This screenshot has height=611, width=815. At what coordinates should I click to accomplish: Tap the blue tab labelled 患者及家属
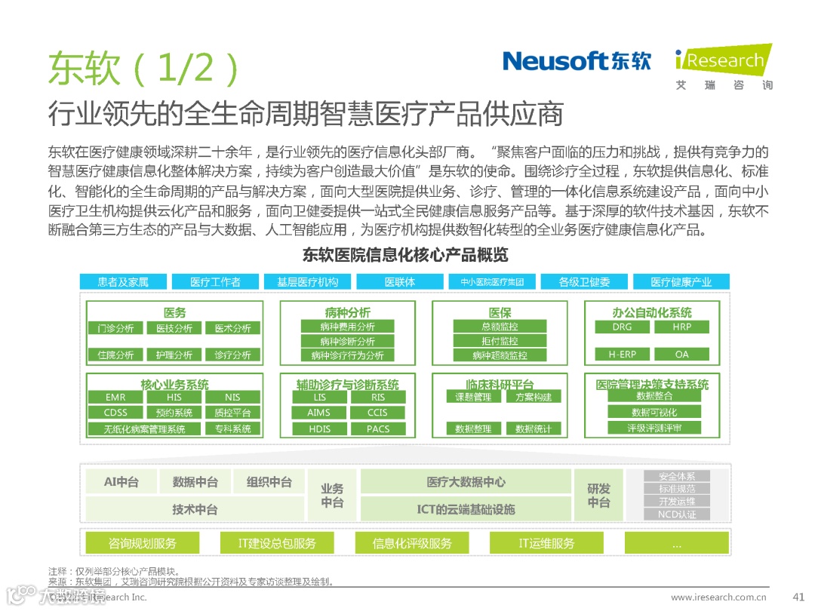click(123, 282)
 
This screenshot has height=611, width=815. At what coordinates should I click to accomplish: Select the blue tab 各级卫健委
click(584, 282)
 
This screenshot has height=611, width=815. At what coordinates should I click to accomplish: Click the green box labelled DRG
click(622, 327)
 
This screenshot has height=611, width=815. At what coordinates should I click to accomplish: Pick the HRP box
click(681, 327)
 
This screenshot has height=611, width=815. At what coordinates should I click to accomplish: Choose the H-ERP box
click(622, 354)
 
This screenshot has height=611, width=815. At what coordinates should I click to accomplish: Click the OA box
click(681, 354)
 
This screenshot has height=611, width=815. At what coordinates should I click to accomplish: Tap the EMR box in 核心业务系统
click(115, 398)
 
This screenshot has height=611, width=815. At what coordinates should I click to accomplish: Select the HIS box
click(174, 398)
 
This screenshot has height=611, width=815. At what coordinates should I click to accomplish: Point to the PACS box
click(377, 429)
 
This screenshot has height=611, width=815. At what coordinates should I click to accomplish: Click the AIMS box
click(318, 413)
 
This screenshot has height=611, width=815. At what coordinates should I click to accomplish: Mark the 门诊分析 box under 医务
click(115, 328)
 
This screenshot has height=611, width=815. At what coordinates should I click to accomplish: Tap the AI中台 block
click(121, 482)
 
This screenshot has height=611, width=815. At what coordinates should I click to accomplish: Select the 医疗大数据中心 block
click(466, 482)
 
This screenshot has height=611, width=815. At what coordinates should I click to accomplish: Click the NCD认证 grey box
click(677, 514)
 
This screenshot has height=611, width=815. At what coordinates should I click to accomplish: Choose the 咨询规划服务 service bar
click(143, 543)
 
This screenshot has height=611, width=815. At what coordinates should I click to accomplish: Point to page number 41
click(799, 597)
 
